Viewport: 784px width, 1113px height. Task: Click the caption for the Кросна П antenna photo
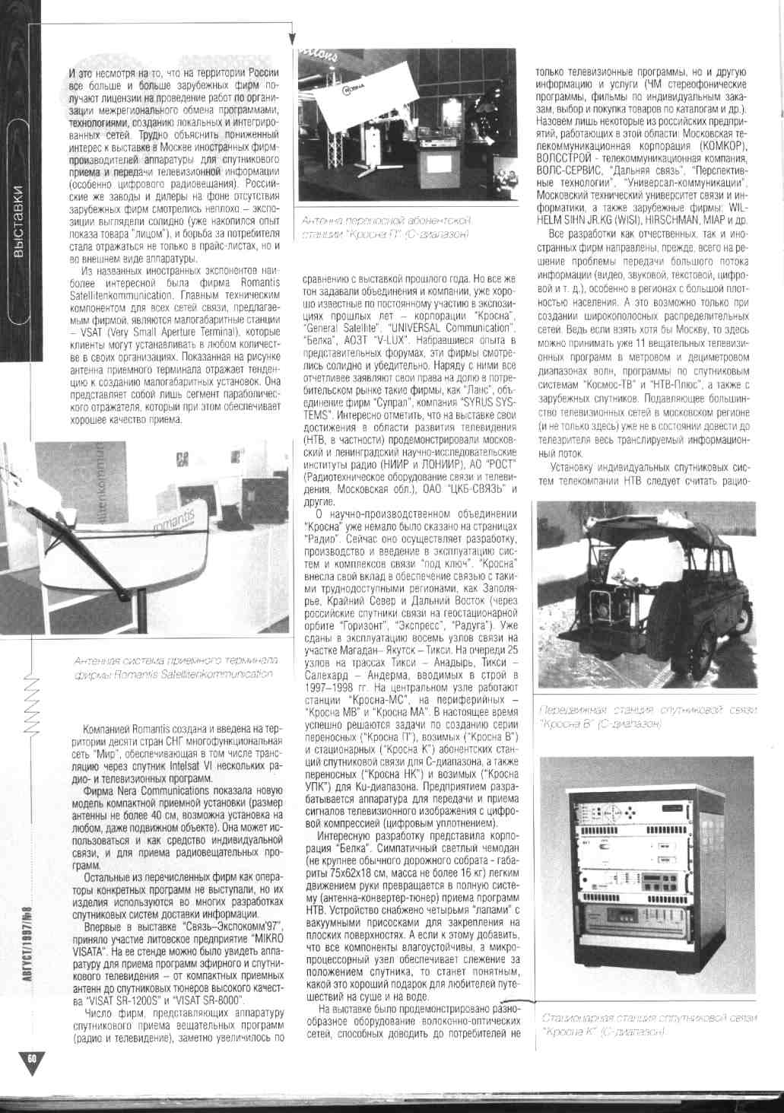coord(388,227)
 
